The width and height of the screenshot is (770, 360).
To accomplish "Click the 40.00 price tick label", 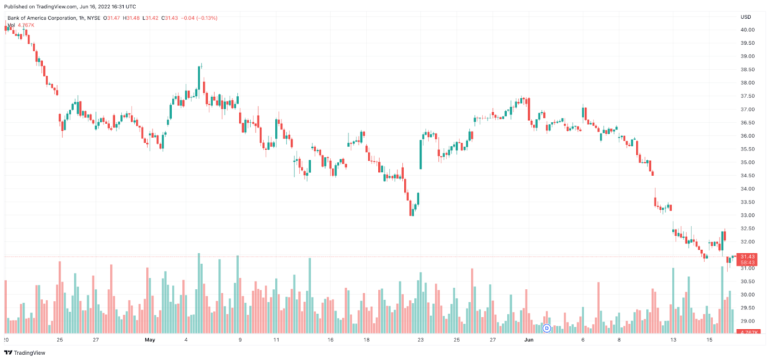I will [747, 30].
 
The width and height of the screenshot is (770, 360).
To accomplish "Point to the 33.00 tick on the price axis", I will [747, 215].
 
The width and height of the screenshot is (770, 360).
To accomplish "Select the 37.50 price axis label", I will [747, 96].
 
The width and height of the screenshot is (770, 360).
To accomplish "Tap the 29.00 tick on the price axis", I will [747, 321].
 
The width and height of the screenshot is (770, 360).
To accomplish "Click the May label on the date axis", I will [150, 340].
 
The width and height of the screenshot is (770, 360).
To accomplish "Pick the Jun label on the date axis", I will [529, 340].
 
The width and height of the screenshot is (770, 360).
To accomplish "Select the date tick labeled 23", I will [421, 340].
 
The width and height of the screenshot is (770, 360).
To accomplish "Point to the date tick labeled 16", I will [331, 340].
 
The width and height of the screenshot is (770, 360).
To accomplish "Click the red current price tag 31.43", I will [747, 257].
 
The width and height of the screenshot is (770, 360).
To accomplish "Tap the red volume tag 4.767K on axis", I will [749, 332].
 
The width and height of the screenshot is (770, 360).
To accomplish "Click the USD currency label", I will [745, 17].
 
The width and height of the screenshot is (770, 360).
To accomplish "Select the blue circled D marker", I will [547, 328].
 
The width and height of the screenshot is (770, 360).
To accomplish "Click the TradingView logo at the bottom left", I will [25, 353].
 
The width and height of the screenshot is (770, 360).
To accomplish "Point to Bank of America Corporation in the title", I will [42, 18].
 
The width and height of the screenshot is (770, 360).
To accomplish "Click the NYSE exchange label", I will [94, 18].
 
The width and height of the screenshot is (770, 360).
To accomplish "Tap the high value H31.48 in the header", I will [131, 18].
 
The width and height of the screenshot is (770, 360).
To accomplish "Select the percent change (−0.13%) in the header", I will [207, 18].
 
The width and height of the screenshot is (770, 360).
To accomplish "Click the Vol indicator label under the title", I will [11, 25].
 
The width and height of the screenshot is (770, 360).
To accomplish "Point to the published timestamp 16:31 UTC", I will [124, 7].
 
